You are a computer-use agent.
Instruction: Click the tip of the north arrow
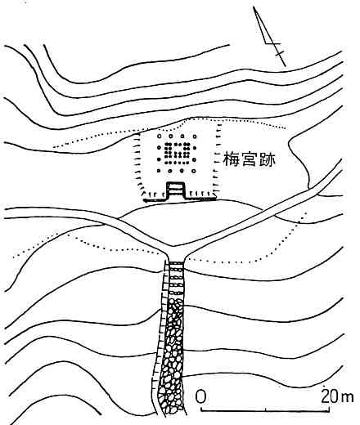(254, 7)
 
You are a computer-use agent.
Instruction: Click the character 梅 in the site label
(232, 159)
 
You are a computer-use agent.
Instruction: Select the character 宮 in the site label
(249, 159)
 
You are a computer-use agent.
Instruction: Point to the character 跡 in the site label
(267, 159)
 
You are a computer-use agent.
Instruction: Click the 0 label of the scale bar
(200, 396)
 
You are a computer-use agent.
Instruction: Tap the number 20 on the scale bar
(329, 396)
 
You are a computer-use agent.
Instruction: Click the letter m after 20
(346, 398)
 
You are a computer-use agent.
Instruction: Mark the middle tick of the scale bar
(266, 409)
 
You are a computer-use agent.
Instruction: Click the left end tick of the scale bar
(201, 409)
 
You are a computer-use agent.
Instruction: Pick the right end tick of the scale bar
(329, 409)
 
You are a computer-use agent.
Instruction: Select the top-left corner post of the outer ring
(159, 136)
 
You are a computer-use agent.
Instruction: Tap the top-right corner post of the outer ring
(194, 136)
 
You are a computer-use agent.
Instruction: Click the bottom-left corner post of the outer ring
(159, 171)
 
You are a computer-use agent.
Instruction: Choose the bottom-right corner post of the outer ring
(194, 171)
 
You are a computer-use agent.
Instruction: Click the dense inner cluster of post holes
(177, 154)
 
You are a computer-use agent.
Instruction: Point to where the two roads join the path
(174, 248)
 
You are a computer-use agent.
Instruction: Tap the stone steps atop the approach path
(176, 280)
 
